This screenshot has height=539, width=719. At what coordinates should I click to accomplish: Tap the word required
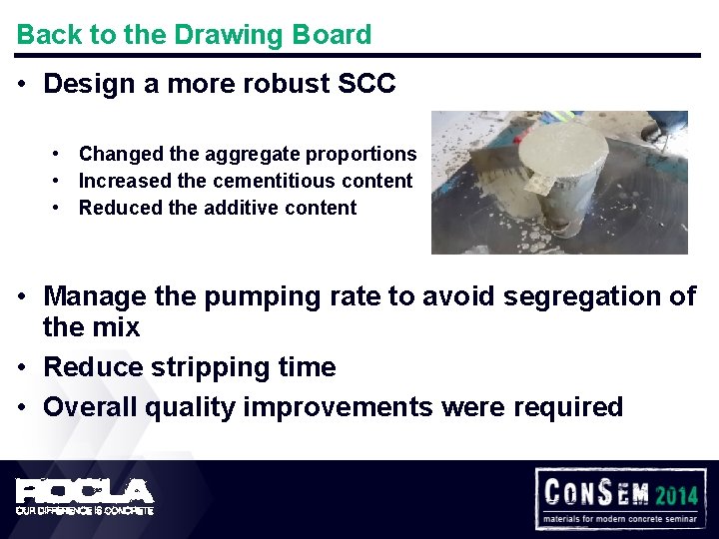click(x=567, y=408)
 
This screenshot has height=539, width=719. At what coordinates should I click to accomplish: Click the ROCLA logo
click(x=84, y=491)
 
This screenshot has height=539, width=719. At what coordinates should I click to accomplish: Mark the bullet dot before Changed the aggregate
click(x=60, y=155)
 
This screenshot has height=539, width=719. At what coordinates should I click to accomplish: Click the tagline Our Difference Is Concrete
click(x=84, y=511)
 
